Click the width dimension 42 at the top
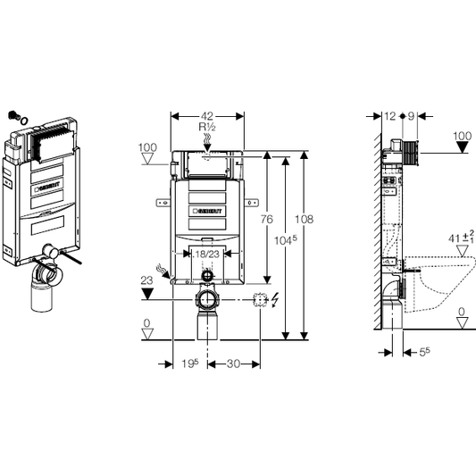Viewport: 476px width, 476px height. pyautogui.click(x=207, y=116)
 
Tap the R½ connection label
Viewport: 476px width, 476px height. pyautogui.click(x=207, y=128)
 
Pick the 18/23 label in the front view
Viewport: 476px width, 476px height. pyautogui.click(x=207, y=255)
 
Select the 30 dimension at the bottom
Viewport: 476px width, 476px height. pyautogui.click(x=233, y=364)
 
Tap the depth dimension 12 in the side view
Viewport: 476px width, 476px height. pyautogui.click(x=390, y=116)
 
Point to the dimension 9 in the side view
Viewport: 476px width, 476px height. pyautogui.click(x=412, y=116)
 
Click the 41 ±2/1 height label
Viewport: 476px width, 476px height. pyautogui.click(x=458, y=238)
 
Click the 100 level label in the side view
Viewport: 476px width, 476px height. pyautogui.click(x=462, y=136)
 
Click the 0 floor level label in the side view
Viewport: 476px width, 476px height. pyautogui.click(x=462, y=312)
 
